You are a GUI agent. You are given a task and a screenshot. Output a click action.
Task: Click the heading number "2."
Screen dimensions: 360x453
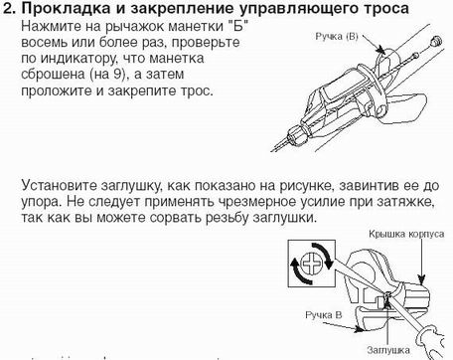tap(11, 11)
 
